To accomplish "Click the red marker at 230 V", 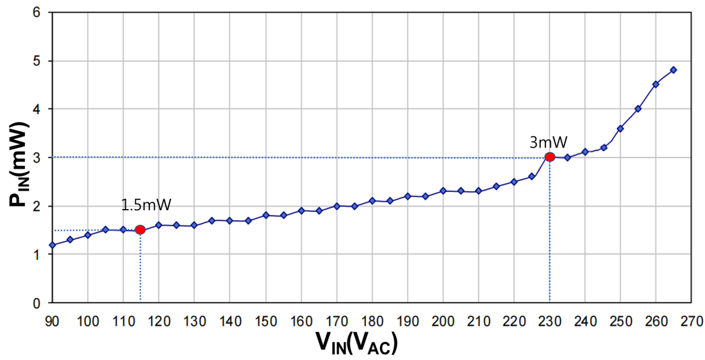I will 549,157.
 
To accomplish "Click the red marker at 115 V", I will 140,230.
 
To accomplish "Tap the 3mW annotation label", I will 548,143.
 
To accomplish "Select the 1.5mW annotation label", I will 146,205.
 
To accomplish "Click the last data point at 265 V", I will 673,70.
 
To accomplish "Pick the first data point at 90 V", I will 52,245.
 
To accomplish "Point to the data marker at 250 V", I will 620,129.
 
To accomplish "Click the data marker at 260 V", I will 655,84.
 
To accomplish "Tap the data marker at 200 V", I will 443,190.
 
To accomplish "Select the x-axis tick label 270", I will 691,320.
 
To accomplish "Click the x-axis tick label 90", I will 52,320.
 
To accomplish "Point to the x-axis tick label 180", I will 372,320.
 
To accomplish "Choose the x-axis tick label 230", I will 549,320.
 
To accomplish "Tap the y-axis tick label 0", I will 37,303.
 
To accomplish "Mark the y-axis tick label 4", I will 37,109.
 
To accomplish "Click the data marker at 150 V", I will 265,215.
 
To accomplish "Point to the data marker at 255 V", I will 638,108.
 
